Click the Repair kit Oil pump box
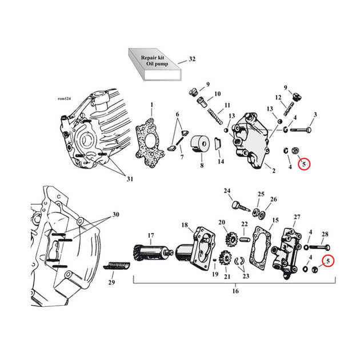155,64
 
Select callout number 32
192,59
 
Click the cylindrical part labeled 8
200,144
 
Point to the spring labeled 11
215,117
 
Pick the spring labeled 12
289,109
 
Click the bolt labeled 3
301,130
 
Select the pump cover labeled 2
251,141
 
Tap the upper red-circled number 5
304,164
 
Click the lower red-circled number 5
328,261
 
